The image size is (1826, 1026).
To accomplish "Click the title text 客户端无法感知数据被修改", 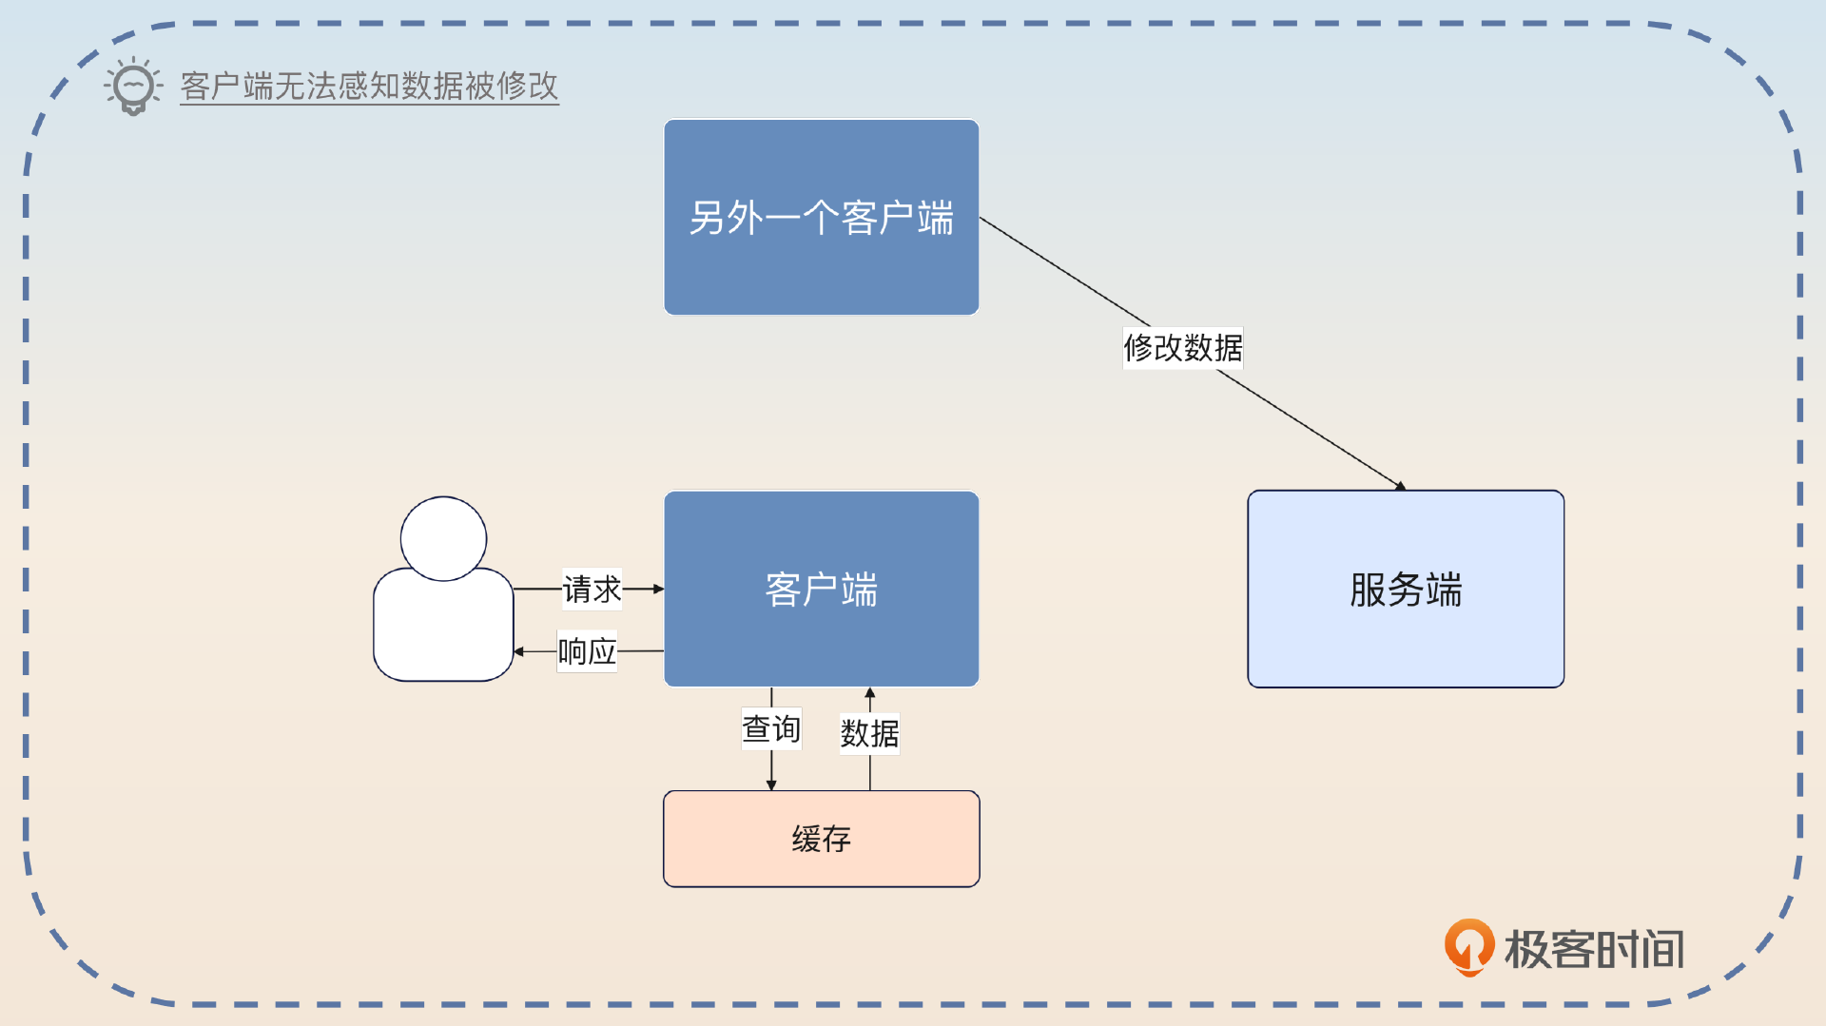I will (369, 87).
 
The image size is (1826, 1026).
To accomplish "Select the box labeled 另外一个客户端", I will (821, 217).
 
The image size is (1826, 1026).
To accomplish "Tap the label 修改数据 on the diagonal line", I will (1182, 348).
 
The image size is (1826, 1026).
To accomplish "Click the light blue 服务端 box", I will (1405, 590).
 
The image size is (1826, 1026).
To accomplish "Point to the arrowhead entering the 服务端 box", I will (1400, 486).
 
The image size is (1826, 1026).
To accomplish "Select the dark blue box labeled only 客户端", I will (821, 590).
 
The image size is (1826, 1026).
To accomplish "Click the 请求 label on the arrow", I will (592, 590).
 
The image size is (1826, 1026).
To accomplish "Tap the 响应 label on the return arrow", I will (587, 651).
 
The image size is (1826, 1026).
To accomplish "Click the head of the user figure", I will (443, 538).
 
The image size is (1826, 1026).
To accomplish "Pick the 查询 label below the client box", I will (771, 729).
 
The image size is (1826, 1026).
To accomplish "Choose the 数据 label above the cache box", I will (869, 733).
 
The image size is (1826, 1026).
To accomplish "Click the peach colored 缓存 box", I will (821, 839).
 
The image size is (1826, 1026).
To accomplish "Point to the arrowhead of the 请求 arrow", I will (658, 590).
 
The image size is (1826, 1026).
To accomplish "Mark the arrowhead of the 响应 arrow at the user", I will (519, 651).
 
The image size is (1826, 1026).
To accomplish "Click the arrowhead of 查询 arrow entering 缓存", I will (771, 784).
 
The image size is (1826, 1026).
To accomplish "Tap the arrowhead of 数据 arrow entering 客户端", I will (869, 693).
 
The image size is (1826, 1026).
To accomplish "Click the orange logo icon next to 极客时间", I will (1468, 946).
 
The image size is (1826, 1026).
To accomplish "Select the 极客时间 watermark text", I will (1594, 949).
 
